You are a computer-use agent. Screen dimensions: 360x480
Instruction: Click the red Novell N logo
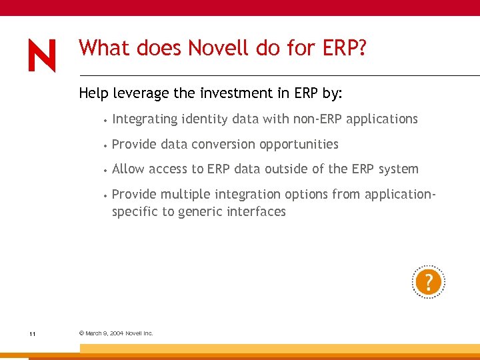click(x=42, y=56)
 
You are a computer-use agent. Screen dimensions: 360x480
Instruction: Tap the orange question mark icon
click(x=428, y=283)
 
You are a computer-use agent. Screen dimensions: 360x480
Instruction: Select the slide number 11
click(x=32, y=333)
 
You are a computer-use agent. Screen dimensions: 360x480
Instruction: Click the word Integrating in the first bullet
click(x=145, y=119)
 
